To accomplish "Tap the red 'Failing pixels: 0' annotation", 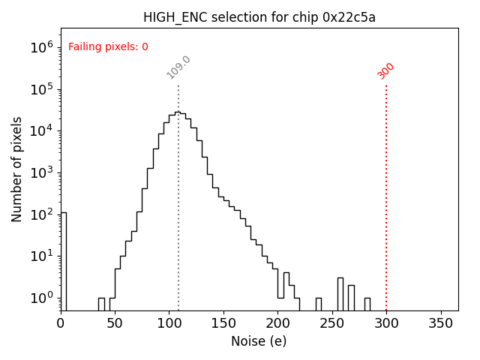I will pos(108,46).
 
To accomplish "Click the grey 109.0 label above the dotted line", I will pos(178,67).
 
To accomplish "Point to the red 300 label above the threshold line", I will pos(385,70).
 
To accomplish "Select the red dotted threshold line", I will pos(386,195).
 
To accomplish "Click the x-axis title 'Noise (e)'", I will pos(259,341).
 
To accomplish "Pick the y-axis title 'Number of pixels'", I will pos(17,169).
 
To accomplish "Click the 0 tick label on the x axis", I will pos(61,323).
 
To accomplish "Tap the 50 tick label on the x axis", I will pos(115,323).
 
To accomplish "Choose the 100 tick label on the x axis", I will pos(169,323).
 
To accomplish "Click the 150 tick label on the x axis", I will pos(223,323).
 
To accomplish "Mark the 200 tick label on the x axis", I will pos(277,323).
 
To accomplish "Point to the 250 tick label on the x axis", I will pos(332,323).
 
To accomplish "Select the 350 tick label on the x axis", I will pos(440,323).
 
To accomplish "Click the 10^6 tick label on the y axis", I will pos(41,47).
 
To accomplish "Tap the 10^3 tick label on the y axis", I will pos(41,172).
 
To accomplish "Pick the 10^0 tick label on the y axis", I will pos(41,298).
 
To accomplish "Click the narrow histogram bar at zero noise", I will pos(64,262).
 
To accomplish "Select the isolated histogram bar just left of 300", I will pos(367,304).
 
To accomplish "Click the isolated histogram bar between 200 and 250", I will pos(318,304).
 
